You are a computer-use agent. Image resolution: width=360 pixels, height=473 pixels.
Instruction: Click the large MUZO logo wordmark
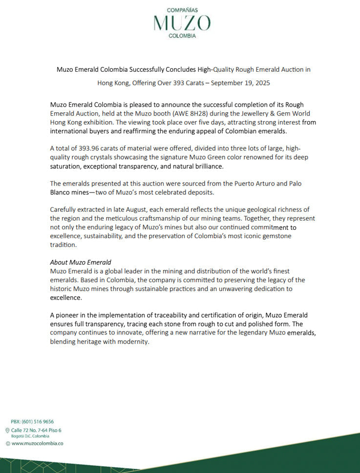(x=182, y=23)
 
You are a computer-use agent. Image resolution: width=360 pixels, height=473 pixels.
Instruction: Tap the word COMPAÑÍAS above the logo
(x=182, y=9)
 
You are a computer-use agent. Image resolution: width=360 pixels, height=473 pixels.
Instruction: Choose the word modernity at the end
(x=131, y=341)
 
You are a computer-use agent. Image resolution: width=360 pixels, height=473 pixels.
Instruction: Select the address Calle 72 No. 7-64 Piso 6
(x=36, y=430)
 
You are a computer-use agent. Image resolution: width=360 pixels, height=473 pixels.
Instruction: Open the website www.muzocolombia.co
(x=37, y=443)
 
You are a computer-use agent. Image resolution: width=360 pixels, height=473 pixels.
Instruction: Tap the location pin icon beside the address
(x=7, y=430)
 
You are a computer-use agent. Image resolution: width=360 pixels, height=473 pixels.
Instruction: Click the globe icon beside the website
(x=7, y=443)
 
